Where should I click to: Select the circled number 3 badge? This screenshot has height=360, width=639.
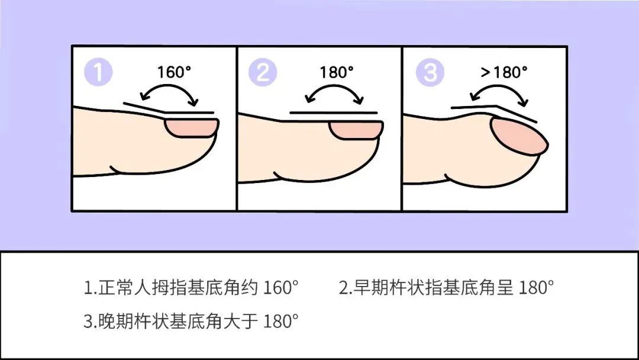click(x=430, y=73)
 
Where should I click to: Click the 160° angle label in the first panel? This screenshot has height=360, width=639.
click(x=174, y=72)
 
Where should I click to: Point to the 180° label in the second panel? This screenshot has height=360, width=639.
click(x=337, y=72)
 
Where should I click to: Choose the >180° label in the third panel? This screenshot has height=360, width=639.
click(x=504, y=72)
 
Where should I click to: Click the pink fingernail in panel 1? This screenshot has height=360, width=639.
click(x=191, y=128)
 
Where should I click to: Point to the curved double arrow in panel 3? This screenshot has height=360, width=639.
click(x=499, y=92)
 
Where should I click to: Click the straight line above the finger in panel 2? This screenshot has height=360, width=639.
click(x=333, y=112)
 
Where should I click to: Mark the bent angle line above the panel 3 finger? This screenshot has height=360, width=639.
click(x=495, y=110)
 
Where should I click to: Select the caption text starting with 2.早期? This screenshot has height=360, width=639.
click(x=446, y=288)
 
